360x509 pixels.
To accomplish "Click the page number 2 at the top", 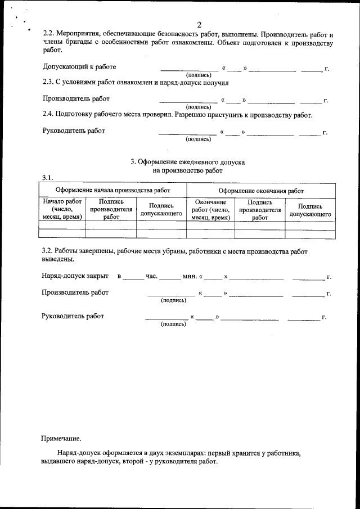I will coord(199,24).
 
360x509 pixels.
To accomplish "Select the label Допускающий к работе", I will coord(79,67).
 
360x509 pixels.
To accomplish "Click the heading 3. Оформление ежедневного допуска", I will coord(188,162).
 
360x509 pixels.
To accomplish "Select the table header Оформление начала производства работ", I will coord(112,191).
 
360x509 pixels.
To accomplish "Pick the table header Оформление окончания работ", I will coord(260,191).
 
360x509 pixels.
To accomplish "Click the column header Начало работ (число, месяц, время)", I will coord(62,209).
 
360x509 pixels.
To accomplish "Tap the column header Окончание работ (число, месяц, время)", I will coord(211,209).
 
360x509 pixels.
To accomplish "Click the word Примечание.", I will coord(61,438).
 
